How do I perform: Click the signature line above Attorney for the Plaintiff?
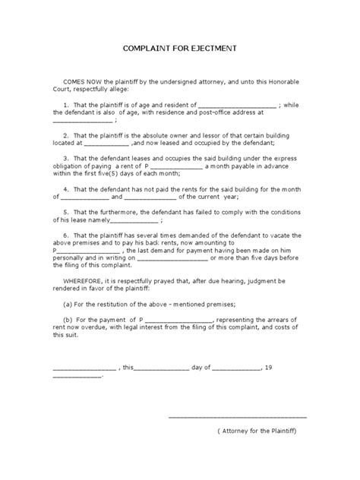237,415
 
